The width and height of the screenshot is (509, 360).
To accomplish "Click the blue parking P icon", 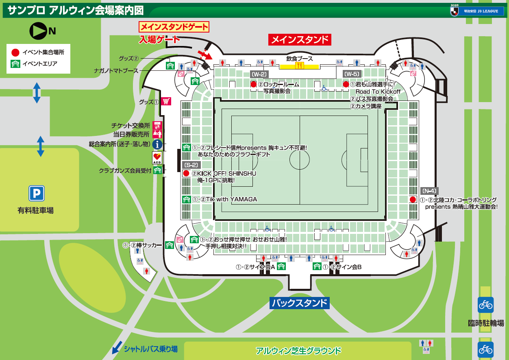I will coord(36,194).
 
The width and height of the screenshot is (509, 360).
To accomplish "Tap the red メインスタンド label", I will coord(300,39).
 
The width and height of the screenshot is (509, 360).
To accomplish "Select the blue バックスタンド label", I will coord(299,303).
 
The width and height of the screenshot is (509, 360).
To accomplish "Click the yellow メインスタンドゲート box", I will coord(174,27).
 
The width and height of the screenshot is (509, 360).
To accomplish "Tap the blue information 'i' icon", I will coord(157,144).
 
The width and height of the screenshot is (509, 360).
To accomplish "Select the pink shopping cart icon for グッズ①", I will coord(165,101).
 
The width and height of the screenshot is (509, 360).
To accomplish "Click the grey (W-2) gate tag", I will coord(259,74).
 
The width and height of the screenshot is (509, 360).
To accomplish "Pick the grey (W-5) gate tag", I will coord(352,74).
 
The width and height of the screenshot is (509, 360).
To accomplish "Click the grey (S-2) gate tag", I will coord(191,165).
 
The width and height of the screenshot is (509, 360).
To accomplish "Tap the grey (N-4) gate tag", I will coord(429,191).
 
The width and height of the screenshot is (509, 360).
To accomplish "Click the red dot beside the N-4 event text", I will coord(413,199).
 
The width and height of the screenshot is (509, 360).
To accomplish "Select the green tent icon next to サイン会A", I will coord(281,266).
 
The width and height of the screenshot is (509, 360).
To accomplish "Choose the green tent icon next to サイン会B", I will coord(317,266).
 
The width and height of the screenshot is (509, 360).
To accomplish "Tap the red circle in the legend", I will coord(15,52).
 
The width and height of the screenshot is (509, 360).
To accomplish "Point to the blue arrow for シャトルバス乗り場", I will coord(117,347).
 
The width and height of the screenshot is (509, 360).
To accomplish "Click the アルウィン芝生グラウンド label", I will coord(298,351).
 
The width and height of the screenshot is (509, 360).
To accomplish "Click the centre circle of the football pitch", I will coord(300,157).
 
